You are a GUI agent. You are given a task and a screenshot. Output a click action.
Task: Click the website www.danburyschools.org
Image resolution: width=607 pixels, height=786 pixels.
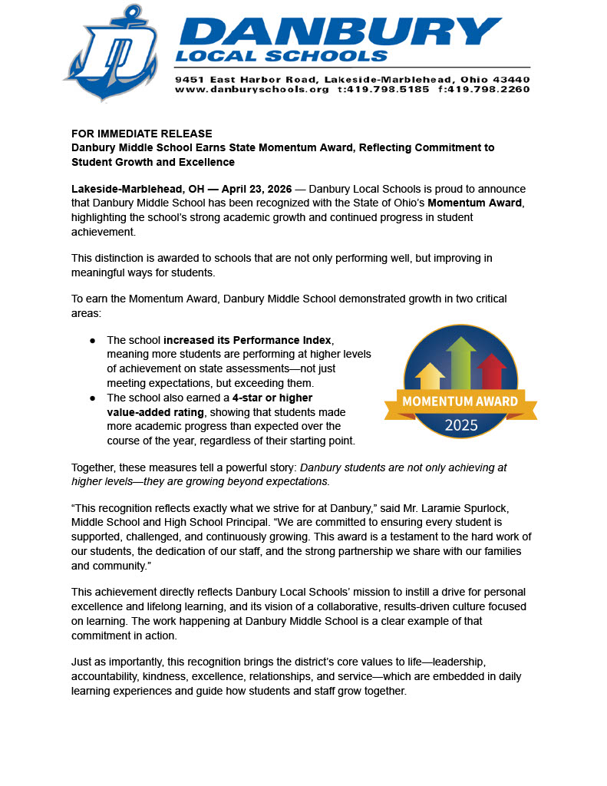pos(252,90)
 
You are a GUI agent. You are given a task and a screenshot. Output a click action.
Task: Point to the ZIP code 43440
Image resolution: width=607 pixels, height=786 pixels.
pos(510,79)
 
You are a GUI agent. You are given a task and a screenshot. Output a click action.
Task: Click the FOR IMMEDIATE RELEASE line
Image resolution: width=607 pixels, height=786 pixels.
pos(142,134)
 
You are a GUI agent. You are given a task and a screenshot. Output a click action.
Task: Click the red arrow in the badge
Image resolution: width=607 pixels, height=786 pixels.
pos(491,371)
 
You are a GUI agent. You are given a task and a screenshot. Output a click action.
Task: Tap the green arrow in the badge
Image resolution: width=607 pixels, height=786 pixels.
pos(460,362)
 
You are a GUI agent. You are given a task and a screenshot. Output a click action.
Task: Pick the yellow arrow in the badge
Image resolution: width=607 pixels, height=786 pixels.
pos(430,376)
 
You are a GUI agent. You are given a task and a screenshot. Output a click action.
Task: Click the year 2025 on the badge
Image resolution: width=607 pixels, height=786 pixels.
pos(460,424)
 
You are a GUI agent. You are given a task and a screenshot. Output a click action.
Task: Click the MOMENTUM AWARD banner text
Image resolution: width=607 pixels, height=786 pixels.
pos(460,401)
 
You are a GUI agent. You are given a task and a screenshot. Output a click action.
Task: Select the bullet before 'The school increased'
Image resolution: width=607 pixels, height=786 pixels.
pos(93,340)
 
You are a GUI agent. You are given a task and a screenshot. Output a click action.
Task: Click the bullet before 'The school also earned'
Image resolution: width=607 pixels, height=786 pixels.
pos(93,398)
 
